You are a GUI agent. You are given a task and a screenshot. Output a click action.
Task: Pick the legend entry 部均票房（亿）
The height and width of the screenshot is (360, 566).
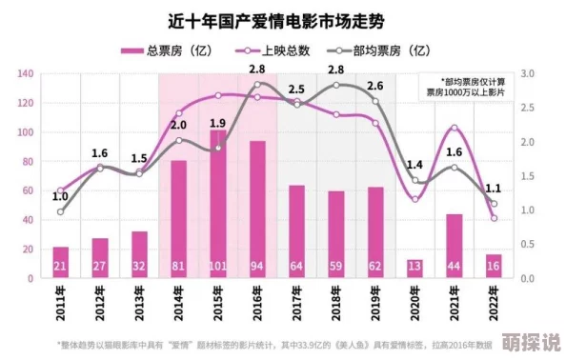[374, 50]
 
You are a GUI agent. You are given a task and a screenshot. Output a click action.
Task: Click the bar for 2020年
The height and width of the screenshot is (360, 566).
[414, 268]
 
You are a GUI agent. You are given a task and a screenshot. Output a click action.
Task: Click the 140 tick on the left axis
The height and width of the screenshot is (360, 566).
[26, 73]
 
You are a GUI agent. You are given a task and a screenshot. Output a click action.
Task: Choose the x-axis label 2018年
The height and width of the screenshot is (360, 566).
[336, 303]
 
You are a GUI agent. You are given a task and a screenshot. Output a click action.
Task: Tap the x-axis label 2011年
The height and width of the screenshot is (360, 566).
[61, 303]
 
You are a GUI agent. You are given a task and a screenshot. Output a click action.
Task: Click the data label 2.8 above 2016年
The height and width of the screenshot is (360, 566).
[257, 69]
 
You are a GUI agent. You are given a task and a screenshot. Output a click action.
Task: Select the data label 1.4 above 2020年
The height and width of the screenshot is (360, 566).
[414, 165]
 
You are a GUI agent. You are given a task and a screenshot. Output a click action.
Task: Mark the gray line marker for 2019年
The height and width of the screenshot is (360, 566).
[375, 101]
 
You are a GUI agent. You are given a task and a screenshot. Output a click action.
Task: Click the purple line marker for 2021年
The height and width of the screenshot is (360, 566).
[455, 128]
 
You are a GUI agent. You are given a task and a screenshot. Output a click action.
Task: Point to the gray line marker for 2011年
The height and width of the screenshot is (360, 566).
[61, 211]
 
